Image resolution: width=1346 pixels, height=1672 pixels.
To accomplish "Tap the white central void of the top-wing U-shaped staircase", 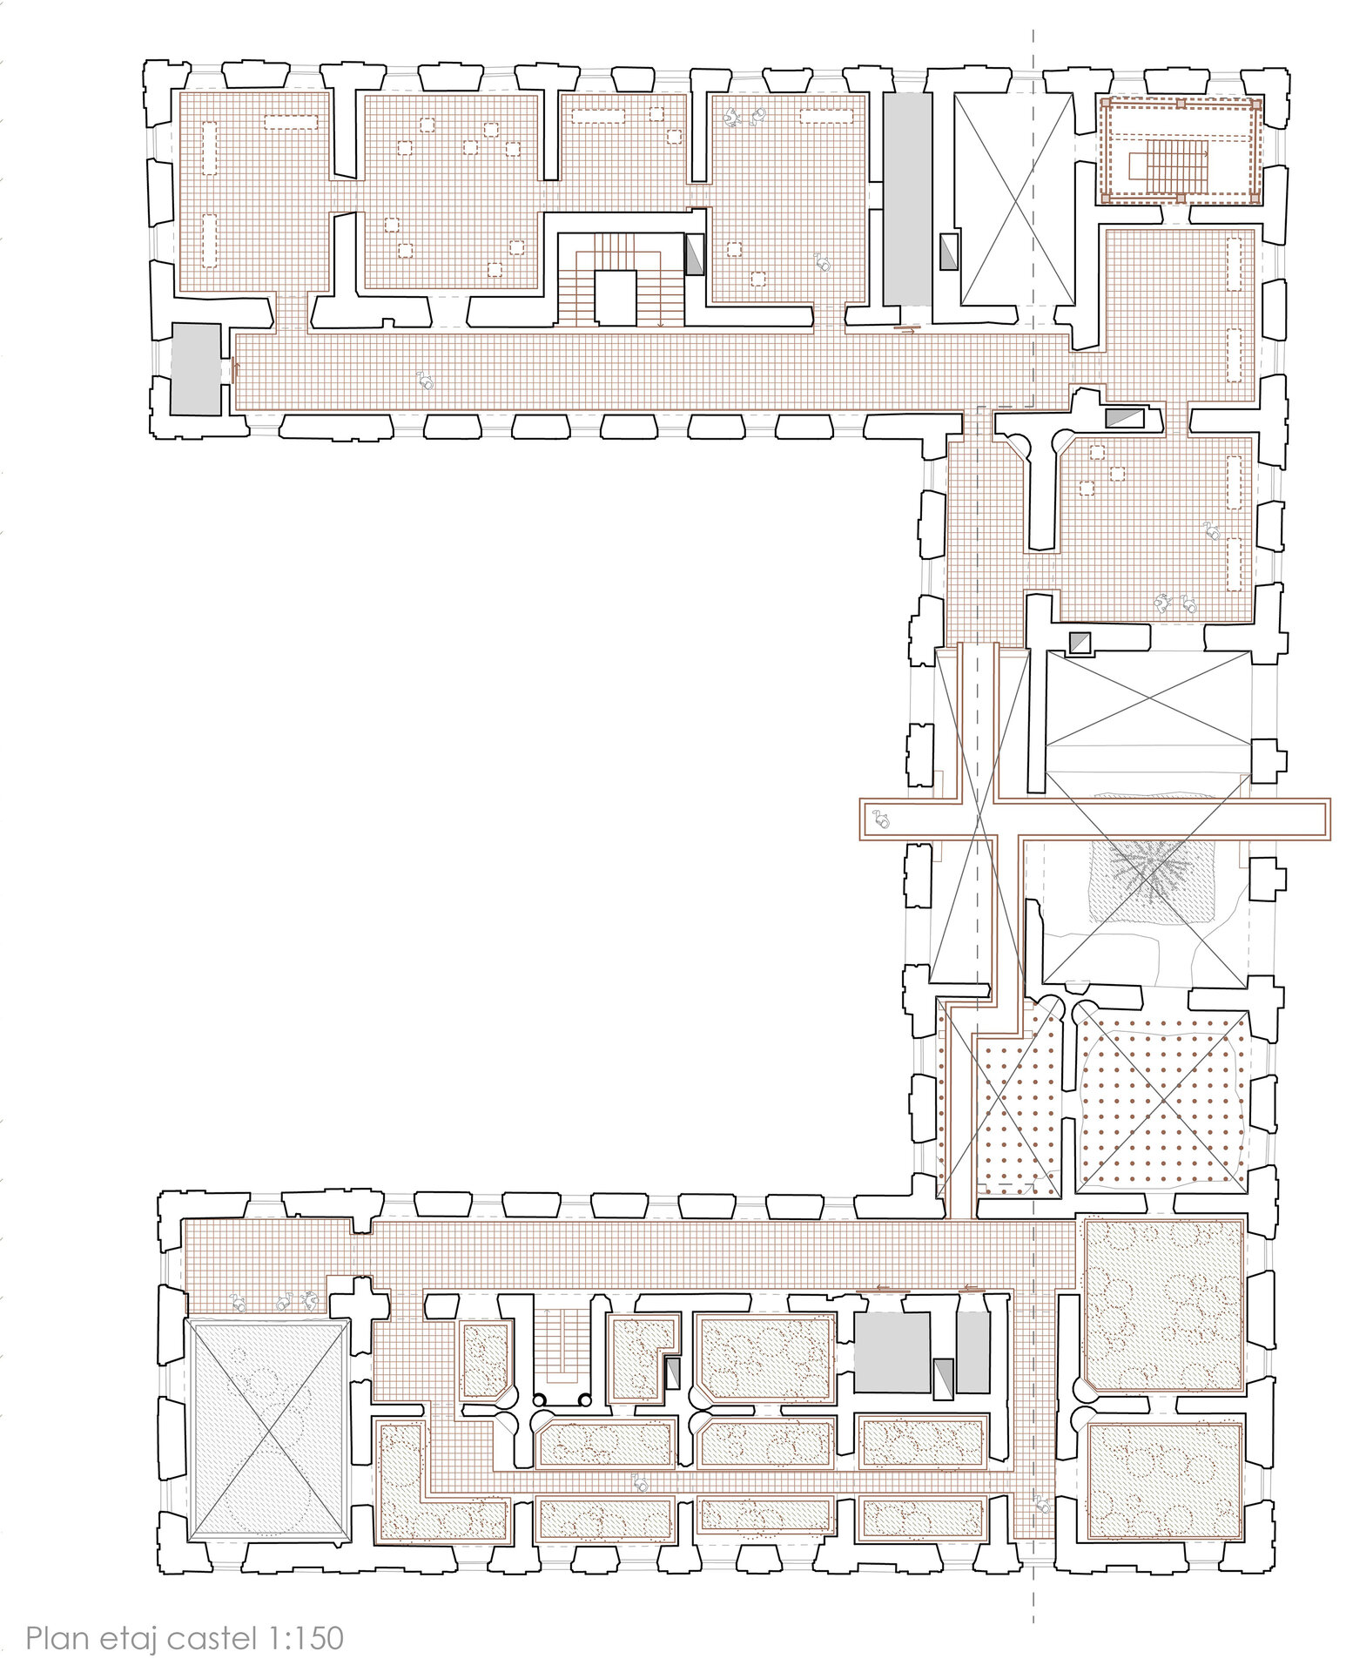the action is click(x=616, y=297).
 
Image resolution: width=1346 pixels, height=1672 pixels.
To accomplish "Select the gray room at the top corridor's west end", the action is click(x=196, y=367).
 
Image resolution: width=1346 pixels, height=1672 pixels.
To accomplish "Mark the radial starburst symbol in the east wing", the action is click(x=1148, y=871).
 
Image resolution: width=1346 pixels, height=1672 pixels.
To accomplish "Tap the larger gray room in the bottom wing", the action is click(x=892, y=1352).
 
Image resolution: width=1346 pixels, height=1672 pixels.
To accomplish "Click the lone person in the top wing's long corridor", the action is click(x=426, y=380).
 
